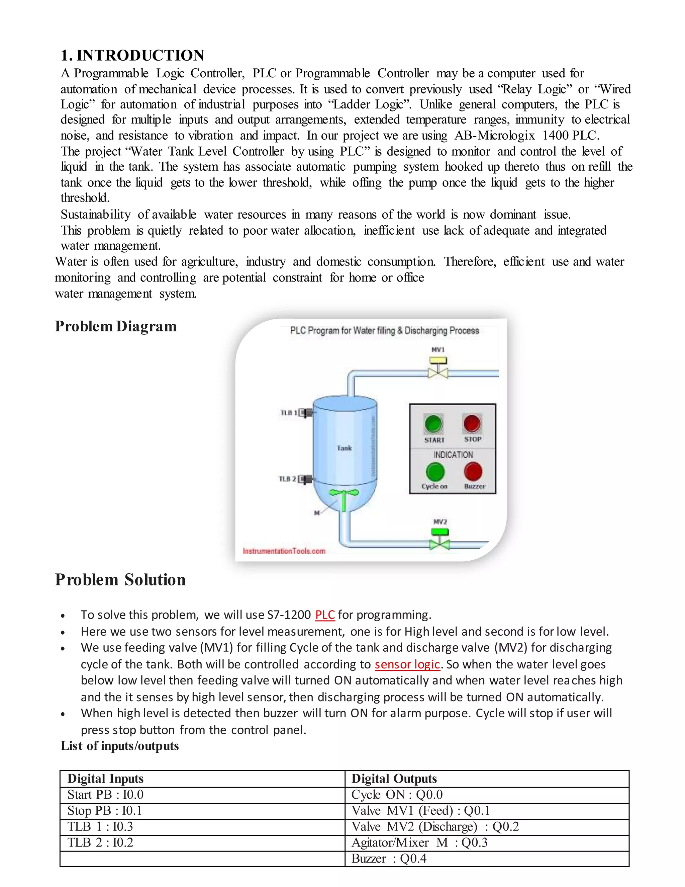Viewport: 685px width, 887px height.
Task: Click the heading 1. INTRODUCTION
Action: [132, 55]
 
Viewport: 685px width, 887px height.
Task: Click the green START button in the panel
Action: [434, 424]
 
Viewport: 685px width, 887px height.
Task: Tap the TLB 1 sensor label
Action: [289, 413]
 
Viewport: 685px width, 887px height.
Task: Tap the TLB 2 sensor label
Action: [287, 479]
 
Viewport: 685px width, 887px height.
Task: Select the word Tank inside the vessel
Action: [344, 448]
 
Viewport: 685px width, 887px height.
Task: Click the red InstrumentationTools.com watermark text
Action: [284, 551]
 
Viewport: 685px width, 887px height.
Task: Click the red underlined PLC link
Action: [325, 615]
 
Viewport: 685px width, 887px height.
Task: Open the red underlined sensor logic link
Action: [407, 664]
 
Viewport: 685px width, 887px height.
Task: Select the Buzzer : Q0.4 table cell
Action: [388, 859]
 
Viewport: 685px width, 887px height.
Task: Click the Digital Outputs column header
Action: [394, 779]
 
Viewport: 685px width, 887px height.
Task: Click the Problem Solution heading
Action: [120, 579]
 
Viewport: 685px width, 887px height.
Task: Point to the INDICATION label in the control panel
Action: [453, 455]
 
